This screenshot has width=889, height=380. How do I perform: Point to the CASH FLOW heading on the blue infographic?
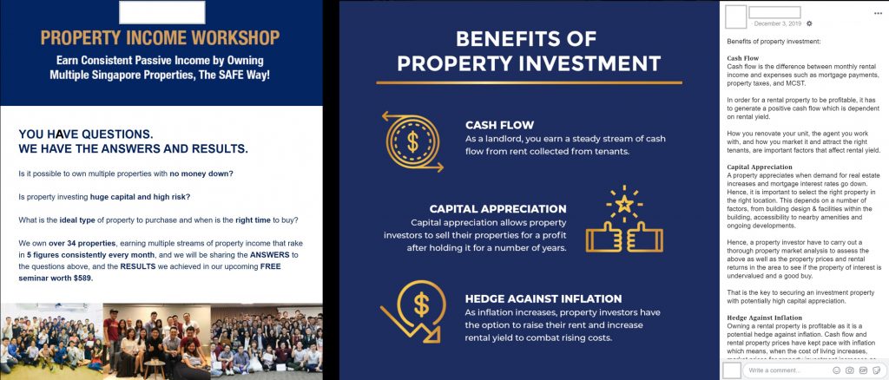point(499,125)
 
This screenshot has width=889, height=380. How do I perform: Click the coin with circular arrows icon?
point(412,141)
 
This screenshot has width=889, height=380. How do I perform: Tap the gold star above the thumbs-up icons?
point(624,203)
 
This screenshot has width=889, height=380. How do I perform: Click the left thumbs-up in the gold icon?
point(603,237)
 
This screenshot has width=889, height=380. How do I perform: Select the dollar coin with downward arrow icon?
point(411,311)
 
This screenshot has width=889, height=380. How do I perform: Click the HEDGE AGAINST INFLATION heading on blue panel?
point(543,298)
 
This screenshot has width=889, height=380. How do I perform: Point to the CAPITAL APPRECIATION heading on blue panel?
point(497,209)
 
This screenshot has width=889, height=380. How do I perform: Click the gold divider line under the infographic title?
point(529,82)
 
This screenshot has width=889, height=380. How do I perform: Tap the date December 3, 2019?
point(777,23)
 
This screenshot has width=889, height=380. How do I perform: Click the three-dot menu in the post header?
point(878,13)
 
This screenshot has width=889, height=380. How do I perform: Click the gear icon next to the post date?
point(809,23)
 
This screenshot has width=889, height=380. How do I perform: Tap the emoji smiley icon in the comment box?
point(836,370)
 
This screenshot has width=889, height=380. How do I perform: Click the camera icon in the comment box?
point(849,370)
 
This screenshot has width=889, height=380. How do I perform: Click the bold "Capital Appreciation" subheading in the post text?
point(760,167)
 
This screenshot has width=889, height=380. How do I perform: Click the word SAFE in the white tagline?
point(209,75)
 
